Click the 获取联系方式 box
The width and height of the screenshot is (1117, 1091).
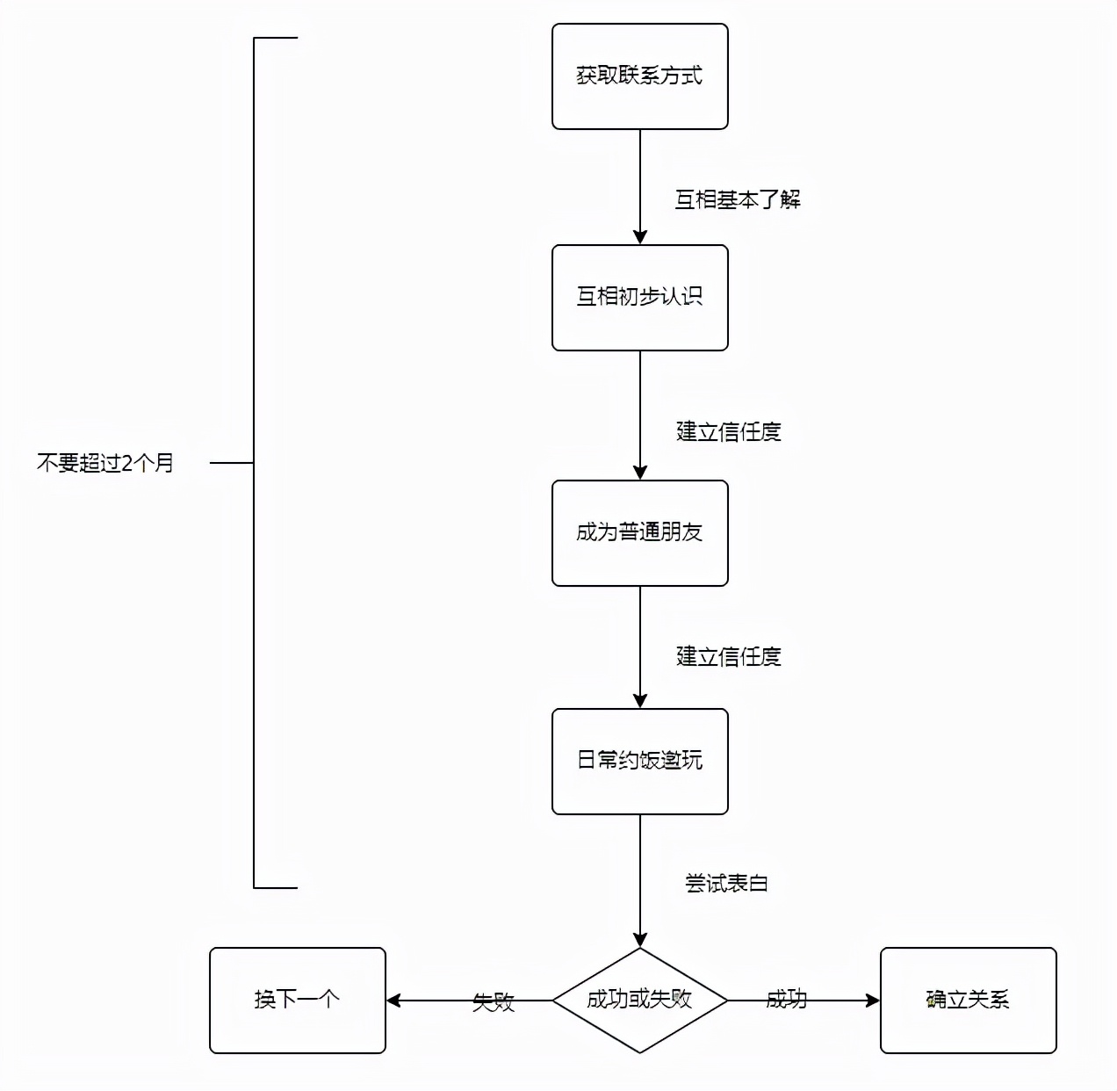click(639, 76)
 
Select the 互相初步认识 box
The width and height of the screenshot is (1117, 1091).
click(639, 298)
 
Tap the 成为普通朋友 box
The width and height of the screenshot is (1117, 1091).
click(639, 533)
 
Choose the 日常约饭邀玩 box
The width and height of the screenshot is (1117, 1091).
click(639, 762)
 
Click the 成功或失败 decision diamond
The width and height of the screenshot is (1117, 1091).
click(639, 1000)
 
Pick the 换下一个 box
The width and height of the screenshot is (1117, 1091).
click(297, 1000)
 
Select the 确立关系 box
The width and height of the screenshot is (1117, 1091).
click(968, 1000)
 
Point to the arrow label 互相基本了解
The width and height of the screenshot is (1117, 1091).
click(737, 200)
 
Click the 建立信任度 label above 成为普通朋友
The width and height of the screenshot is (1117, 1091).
click(728, 432)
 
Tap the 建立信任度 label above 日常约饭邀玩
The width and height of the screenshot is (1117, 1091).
click(728, 657)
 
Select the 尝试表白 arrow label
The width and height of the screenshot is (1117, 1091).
click(726, 884)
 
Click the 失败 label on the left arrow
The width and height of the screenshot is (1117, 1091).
click(494, 1002)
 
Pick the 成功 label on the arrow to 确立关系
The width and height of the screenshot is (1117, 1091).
click(786, 999)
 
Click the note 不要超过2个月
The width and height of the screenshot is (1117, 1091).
click(105, 463)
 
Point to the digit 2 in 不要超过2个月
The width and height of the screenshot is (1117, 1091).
click(126, 463)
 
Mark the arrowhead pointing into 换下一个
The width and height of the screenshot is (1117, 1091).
click(393, 1001)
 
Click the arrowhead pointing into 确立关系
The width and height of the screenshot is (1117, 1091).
click(873, 1001)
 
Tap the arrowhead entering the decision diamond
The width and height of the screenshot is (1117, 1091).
click(639, 940)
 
